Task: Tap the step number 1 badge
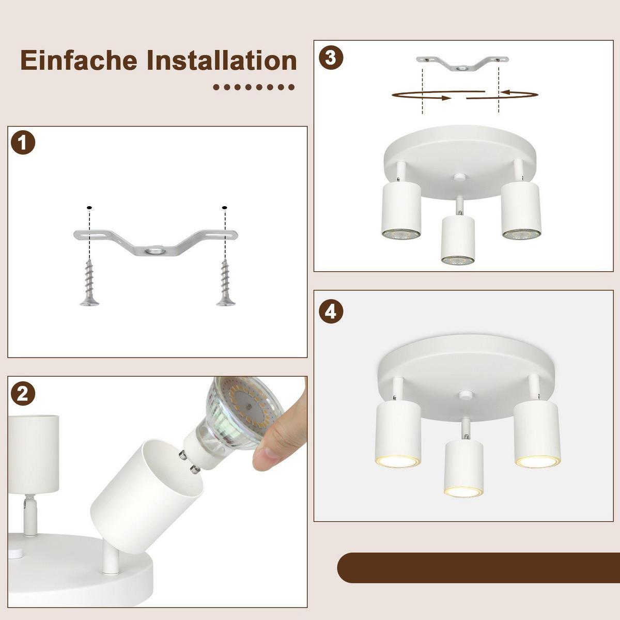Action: click(23, 143)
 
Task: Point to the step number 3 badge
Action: click(331, 57)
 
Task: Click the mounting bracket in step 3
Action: click(462, 64)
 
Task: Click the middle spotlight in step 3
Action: click(458, 240)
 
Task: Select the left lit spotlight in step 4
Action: click(398, 434)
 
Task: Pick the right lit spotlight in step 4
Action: click(537, 434)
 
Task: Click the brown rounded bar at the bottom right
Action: click(478, 568)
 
